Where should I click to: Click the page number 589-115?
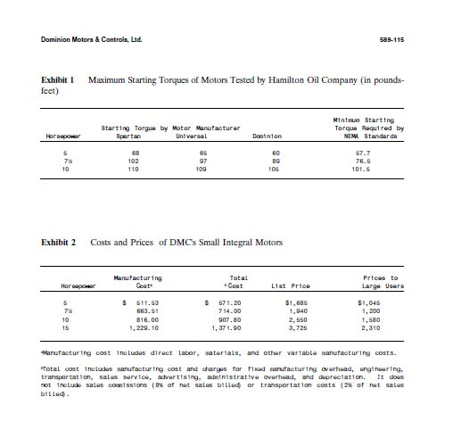coord(392,40)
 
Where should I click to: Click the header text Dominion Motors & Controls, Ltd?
coord(92,40)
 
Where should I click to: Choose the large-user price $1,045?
coord(381,303)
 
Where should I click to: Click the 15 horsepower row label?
coord(65,327)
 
